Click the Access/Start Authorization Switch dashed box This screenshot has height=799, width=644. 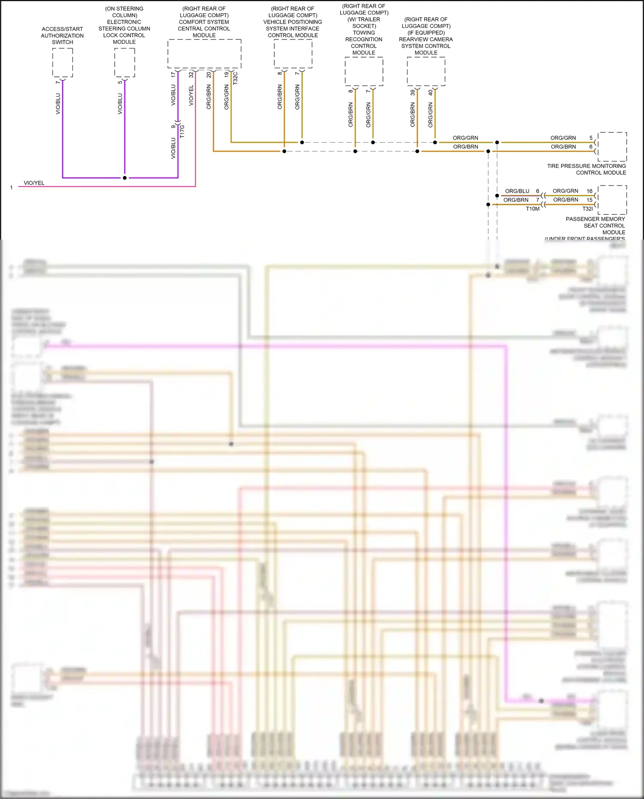tap(63, 63)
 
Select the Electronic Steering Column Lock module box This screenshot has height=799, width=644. tap(125, 63)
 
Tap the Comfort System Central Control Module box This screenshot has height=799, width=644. tap(204, 54)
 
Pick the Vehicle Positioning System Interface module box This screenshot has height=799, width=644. tap(293, 54)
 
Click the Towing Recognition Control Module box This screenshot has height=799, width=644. tap(364, 71)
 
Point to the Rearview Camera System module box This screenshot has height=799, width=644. tap(426, 71)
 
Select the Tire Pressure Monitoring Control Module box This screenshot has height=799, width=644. tap(612, 147)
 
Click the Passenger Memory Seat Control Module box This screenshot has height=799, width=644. tap(612, 200)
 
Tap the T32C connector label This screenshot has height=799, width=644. tap(235, 78)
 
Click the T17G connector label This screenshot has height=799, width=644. tap(182, 131)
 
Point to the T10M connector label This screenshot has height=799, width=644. tap(533, 209)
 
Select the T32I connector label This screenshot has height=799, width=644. tap(587, 209)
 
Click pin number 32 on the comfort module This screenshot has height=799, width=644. tap(191, 75)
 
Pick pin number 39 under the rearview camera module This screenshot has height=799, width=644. tap(413, 92)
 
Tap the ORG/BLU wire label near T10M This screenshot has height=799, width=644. tap(517, 191)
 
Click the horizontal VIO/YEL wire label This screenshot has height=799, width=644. tap(34, 183)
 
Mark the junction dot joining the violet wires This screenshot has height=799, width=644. tap(125, 178)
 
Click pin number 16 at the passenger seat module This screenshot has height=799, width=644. tap(589, 191)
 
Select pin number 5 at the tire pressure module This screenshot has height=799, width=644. tap(591, 138)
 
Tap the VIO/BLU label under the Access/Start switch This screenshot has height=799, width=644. tap(58, 104)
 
